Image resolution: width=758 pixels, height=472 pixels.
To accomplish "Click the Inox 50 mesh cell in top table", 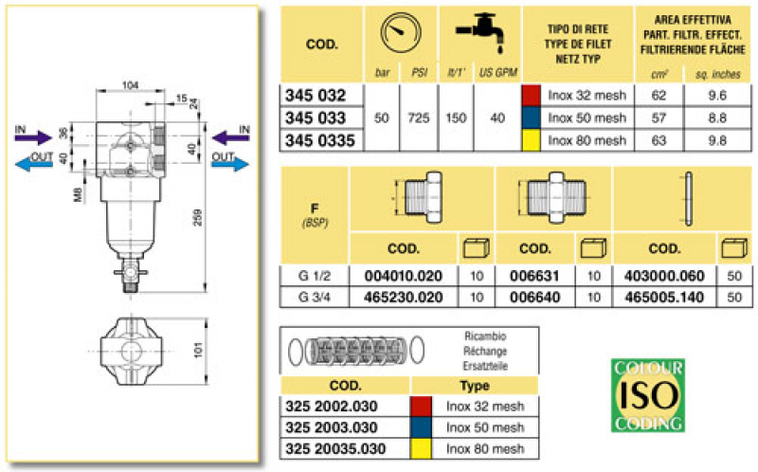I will point(587,118).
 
